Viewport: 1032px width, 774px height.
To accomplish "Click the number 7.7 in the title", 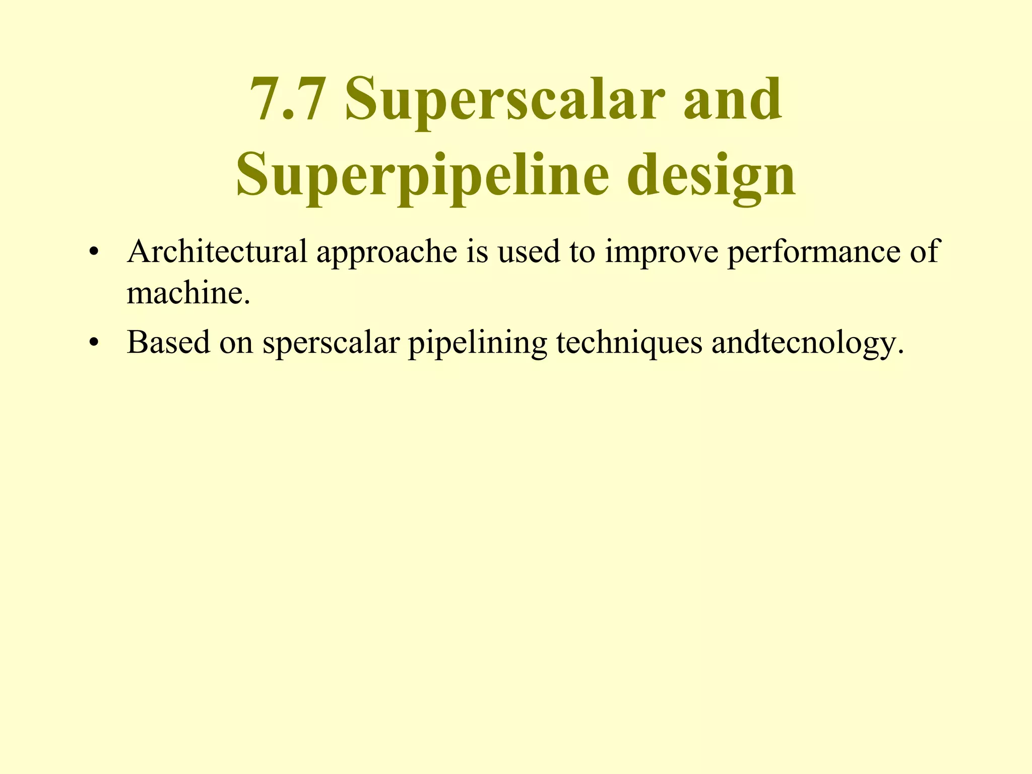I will (286, 100).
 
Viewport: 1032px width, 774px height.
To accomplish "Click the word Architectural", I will (217, 251).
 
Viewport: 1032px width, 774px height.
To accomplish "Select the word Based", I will (168, 342).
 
